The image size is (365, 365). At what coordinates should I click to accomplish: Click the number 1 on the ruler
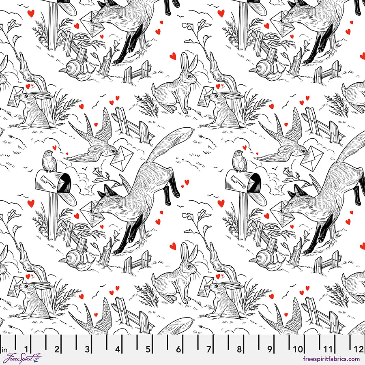[26, 349]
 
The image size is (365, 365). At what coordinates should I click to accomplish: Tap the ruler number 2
[57, 349]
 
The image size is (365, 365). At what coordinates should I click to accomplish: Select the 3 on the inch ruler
[87, 349]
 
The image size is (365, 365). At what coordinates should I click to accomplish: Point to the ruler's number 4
[118, 349]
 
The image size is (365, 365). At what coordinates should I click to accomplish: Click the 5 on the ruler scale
[148, 349]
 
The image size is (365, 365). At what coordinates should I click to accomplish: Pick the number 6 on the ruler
[178, 349]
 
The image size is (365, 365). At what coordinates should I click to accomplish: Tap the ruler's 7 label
[209, 349]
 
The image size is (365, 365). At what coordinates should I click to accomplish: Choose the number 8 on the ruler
[239, 349]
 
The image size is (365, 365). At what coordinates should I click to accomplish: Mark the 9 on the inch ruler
[270, 349]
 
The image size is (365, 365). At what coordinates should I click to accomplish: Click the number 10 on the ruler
[298, 349]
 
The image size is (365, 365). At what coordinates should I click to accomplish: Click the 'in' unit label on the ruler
[5, 349]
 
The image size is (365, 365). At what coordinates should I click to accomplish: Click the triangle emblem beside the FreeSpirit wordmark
[38, 357]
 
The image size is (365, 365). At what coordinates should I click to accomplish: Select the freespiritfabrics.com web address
[331, 359]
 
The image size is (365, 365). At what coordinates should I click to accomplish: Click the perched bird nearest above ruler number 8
[239, 161]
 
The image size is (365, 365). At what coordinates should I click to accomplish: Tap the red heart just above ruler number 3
[81, 296]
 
